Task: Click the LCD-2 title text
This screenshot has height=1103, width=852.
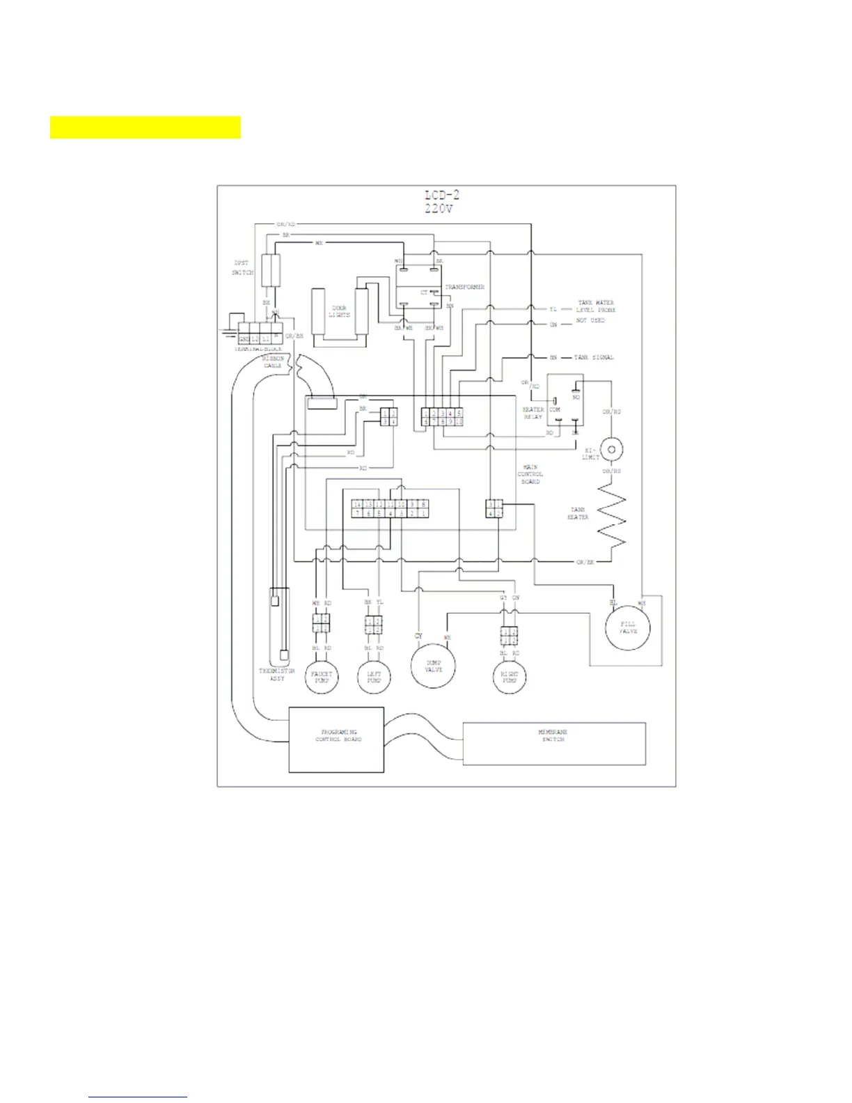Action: (442, 195)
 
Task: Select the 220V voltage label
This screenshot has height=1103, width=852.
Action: (439, 208)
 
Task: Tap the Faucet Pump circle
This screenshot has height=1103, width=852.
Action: (322, 677)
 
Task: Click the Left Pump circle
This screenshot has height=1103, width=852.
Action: (374, 677)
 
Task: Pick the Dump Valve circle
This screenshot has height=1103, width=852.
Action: (434, 666)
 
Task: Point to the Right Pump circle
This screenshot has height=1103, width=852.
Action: (510, 677)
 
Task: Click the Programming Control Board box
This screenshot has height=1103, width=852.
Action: (337, 740)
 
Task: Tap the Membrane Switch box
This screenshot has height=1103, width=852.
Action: (554, 744)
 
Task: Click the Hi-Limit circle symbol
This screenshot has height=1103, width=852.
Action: (611, 449)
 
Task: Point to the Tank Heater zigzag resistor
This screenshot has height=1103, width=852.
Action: (610, 519)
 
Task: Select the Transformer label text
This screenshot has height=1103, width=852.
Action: (465, 287)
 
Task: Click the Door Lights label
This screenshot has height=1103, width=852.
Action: (340, 311)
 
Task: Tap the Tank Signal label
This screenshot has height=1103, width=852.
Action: (594, 357)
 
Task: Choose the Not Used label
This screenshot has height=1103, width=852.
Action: (590, 320)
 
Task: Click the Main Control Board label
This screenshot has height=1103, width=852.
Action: (530, 474)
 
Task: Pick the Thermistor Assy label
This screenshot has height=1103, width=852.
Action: (277, 674)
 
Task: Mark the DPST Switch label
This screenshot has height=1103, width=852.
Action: (242, 268)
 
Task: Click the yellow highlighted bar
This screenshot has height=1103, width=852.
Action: (145, 127)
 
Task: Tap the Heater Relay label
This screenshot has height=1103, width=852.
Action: (533, 413)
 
